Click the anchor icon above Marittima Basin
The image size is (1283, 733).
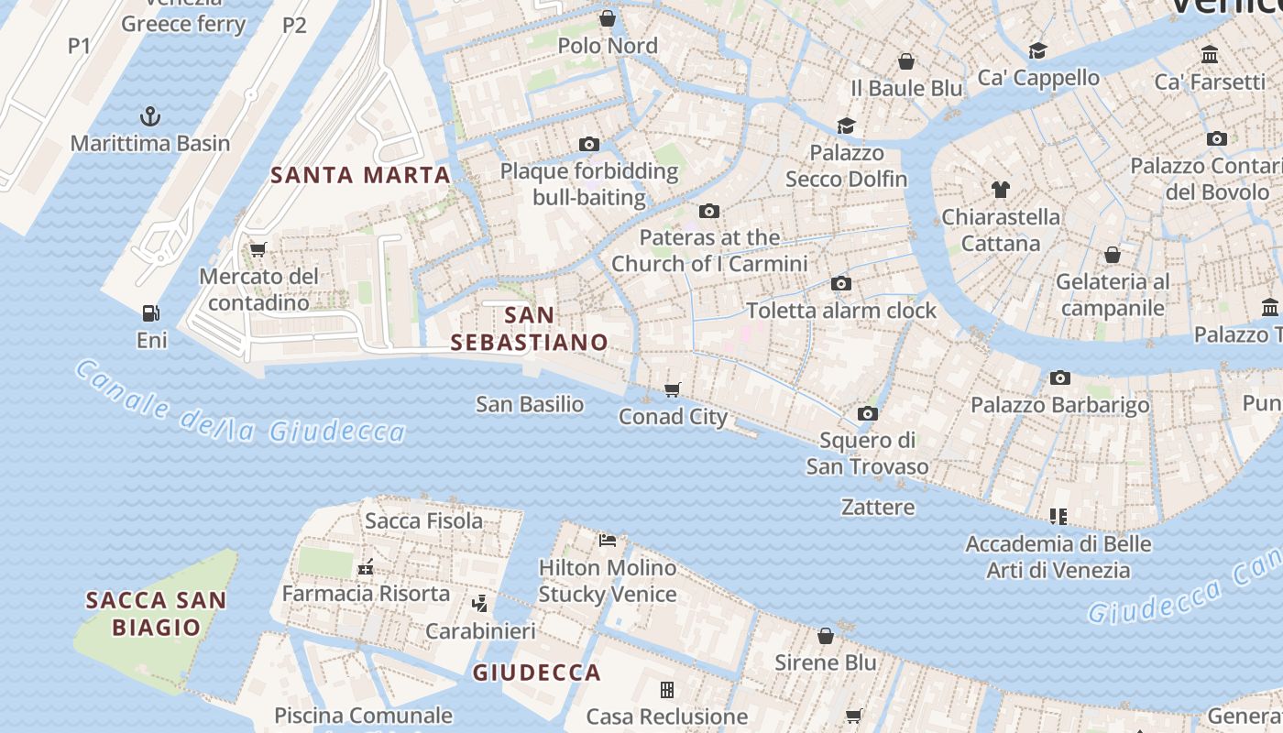click(150, 116)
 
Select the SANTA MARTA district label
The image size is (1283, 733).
click(360, 175)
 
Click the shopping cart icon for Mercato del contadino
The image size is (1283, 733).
click(258, 249)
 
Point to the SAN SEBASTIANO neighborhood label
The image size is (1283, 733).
click(530, 329)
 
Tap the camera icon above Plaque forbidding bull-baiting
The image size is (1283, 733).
click(588, 144)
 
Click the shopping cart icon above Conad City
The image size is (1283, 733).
click(673, 389)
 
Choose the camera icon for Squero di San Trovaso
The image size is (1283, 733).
click(867, 414)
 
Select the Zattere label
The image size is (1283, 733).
click(878, 507)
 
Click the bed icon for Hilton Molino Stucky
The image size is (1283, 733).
click(607, 541)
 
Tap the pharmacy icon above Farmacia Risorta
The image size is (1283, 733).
click(366, 567)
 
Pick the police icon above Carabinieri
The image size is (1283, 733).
click(479, 604)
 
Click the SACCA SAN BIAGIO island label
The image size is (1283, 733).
click(156, 614)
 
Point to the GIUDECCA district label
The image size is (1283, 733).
click(537, 673)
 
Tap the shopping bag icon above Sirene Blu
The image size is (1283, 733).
click(826, 636)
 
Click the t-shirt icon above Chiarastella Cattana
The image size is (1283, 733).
click(1001, 190)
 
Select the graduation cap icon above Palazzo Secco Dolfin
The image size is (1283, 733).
click(846, 126)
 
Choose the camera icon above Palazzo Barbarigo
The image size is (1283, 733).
click(1060, 377)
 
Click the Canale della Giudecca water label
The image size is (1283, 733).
click(238, 404)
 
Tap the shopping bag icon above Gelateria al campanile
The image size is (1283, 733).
click(1113, 255)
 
